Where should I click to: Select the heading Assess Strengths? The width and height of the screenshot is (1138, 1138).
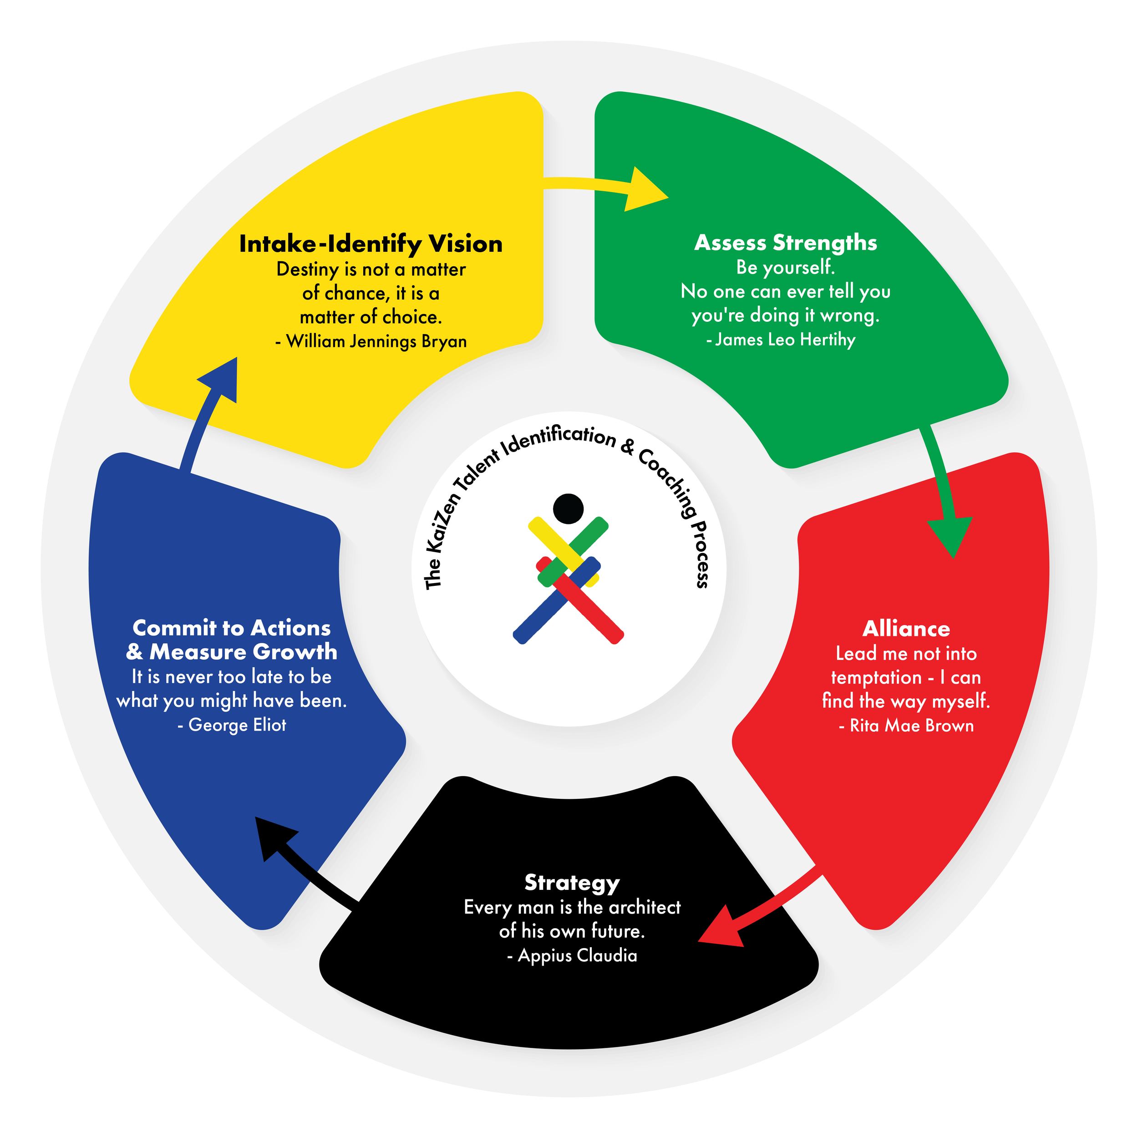[x=785, y=243]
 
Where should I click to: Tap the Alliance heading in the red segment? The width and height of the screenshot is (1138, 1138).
[x=906, y=629]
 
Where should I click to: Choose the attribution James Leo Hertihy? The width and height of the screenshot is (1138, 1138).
[x=785, y=339]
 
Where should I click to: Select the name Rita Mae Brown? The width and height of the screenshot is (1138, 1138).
[x=912, y=725]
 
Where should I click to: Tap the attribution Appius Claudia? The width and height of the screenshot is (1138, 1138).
[x=577, y=955]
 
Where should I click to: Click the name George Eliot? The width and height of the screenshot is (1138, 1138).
[x=237, y=725]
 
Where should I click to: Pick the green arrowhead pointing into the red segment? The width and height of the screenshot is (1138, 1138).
[x=950, y=536]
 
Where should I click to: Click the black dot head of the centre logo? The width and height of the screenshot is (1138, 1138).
[x=569, y=509]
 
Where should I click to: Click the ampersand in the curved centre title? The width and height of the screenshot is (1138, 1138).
[x=628, y=447]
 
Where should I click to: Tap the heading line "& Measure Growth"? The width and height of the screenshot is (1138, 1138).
[x=232, y=652]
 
